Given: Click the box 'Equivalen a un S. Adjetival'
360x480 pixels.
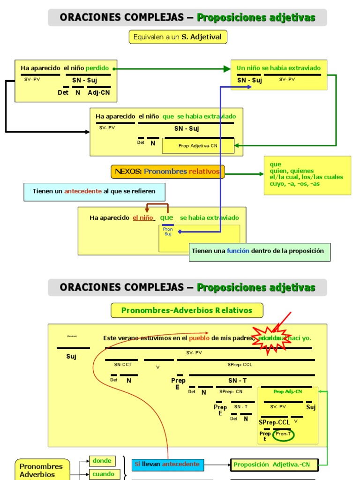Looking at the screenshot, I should coord(178,37).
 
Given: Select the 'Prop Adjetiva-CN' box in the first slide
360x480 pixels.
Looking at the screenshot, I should coord(198,146).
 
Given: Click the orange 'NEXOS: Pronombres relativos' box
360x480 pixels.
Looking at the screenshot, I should coord(167,172).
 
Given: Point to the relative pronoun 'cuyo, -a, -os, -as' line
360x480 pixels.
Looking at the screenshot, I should coord(295,183).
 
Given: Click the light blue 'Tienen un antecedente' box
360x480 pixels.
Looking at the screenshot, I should coord(94,191).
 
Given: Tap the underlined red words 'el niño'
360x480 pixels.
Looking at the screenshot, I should coord(143,218).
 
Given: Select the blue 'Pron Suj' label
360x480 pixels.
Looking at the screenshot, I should coord(168,232).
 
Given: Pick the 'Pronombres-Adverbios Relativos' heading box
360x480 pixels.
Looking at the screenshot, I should coord(187,310).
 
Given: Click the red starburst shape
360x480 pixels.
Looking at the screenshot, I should coord(271,338).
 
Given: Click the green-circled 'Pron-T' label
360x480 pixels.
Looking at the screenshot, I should coord(283,434).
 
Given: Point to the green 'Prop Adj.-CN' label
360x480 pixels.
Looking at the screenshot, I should coord(287,391).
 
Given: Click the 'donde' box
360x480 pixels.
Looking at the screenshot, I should coord(102,461).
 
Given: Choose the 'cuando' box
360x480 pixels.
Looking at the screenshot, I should coord(103,474).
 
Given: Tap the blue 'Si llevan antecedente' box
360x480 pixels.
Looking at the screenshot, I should coord(167,464).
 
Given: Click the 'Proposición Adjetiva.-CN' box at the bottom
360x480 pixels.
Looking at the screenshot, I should coord(274,465).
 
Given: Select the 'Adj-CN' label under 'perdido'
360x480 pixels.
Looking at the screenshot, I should coord(99,92).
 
